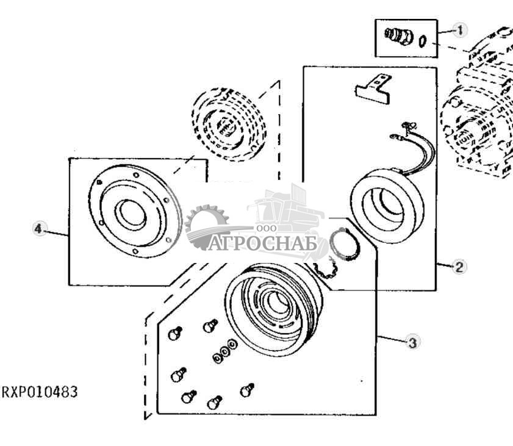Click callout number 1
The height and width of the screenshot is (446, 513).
(461, 29)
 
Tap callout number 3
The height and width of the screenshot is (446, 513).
(412, 342)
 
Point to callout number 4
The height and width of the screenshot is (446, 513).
(38, 229)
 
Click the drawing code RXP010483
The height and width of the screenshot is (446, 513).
(40, 392)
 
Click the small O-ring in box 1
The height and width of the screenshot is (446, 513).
(423, 41)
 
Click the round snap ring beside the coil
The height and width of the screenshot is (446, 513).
(345, 245)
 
